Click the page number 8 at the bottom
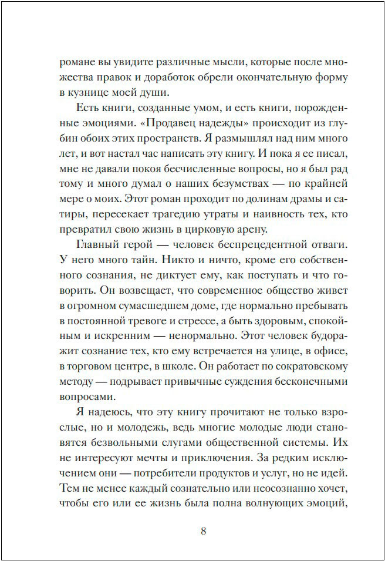pos(203,532)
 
